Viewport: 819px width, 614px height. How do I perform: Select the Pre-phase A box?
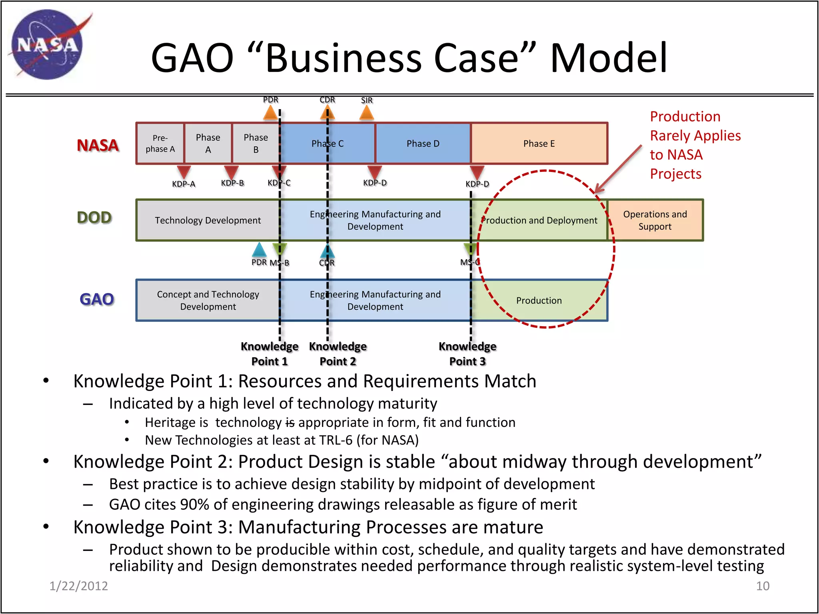click(x=160, y=144)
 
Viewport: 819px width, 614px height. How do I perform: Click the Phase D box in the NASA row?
click(x=423, y=144)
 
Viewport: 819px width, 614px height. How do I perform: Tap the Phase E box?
click(x=539, y=144)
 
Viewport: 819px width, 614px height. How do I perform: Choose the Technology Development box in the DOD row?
click(x=208, y=220)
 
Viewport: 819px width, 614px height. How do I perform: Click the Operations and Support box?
click(x=655, y=220)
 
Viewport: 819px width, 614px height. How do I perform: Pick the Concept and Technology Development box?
click(x=208, y=300)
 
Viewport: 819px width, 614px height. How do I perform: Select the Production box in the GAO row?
click(x=539, y=300)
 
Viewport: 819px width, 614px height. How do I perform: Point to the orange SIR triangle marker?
click(x=366, y=114)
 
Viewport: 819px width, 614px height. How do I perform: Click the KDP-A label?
click(x=184, y=184)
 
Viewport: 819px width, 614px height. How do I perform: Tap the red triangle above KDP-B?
click(x=231, y=172)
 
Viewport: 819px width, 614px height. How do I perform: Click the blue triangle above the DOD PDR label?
click(x=259, y=250)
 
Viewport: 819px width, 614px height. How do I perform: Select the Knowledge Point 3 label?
click(x=467, y=354)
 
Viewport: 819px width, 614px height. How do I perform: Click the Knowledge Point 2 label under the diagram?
click(x=338, y=354)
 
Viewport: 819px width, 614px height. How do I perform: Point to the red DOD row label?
click(x=94, y=217)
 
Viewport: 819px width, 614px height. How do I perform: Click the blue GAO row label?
click(x=97, y=299)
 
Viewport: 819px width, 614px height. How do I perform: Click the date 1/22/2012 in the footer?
click(x=78, y=586)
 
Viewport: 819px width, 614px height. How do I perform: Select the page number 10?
click(x=762, y=586)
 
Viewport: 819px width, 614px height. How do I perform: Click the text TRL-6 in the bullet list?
click(x=332, y=440)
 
